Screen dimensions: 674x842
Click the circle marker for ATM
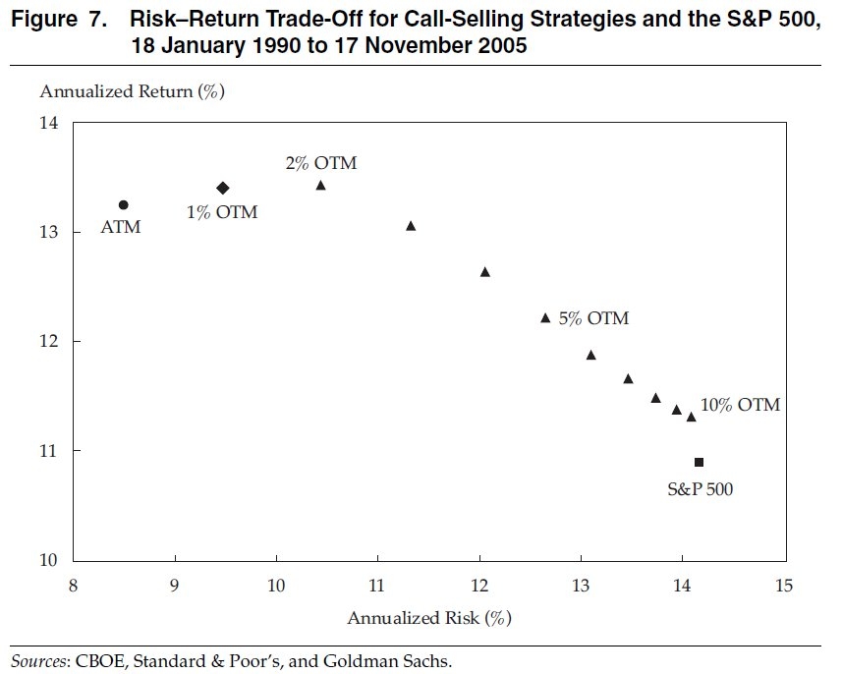coord(123,204)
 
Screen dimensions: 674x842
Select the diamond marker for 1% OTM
coord(223,188)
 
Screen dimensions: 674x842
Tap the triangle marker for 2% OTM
coord(320,186)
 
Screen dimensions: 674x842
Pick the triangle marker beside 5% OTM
coord(545,318)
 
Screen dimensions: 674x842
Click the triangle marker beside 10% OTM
coord(691,418)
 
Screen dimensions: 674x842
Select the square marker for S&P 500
coord(699,462)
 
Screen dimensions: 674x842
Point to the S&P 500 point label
coord(701,487)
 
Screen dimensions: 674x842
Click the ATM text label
coord(122,228)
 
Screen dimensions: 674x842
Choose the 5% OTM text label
coord(594,318)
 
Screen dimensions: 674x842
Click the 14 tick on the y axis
coord(49,123)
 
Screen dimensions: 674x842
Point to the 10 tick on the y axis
coord(49,560)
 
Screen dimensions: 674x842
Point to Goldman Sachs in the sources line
coord(398,660)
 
